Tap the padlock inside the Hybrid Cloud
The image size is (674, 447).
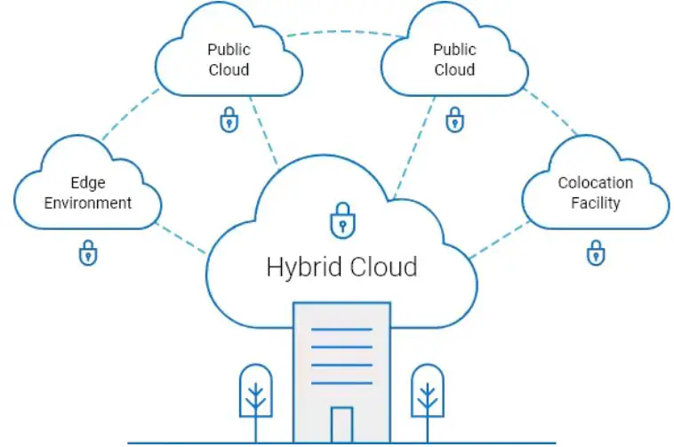341,220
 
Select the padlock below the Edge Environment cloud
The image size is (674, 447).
88,253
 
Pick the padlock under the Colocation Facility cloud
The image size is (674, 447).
596,252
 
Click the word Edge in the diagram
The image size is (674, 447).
88,183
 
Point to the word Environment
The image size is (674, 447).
88,203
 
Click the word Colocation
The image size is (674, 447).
596,183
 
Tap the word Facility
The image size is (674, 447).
596,203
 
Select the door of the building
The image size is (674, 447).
341,424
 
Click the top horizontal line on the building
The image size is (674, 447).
341,329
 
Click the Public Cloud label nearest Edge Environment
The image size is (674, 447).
229,59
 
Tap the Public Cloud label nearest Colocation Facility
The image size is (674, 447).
454,59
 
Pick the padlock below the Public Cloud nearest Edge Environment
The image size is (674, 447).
229,119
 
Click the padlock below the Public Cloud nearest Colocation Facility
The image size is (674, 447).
454,119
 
